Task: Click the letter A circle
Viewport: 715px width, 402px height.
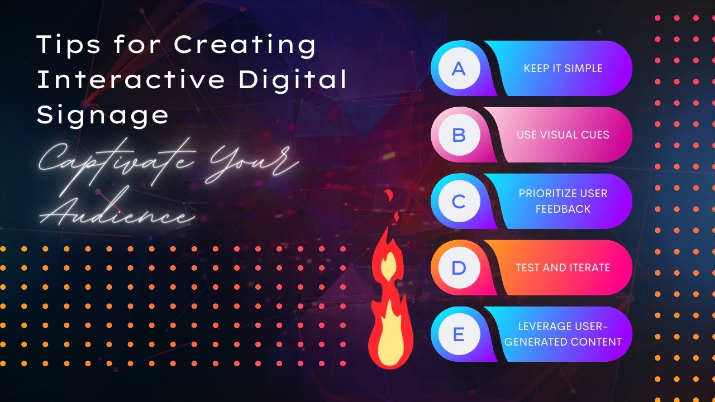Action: (x=459, y=69)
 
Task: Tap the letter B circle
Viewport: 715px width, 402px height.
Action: (x=459, y=135)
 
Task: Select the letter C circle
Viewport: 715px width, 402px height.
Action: (x=459, y=202)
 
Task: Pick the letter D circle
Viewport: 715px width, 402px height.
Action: (x=459, y=268)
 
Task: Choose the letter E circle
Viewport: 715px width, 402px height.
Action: (x=459, y=334)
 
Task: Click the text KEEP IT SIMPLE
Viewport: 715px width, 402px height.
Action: (x=563, y=69)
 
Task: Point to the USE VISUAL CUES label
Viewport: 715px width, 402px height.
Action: (x=563, y=135)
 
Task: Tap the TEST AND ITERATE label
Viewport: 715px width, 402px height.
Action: (x=563, y=268)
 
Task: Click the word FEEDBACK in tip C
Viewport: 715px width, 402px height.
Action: (x=563, y=209)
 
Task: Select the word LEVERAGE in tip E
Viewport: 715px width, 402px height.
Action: (x=545, y=327)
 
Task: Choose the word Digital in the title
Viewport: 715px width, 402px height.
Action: (x=293, y=80)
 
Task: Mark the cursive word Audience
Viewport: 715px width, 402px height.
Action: (x=120, y=212)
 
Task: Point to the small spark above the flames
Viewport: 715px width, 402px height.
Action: (x=388, y=197)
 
